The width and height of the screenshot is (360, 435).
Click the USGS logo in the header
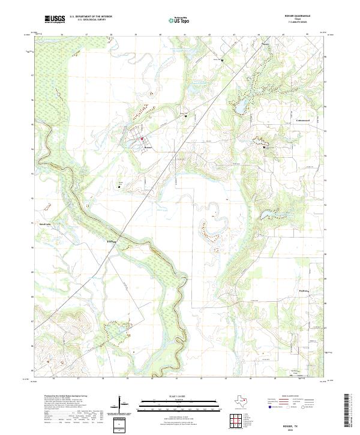pos(55,19)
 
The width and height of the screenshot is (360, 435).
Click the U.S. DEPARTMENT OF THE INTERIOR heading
pos(91,17)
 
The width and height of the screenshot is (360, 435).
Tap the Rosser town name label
pos(149,147)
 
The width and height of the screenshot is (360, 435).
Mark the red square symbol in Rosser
pos(142,139)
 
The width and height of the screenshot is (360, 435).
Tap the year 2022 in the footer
pos(297,428)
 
